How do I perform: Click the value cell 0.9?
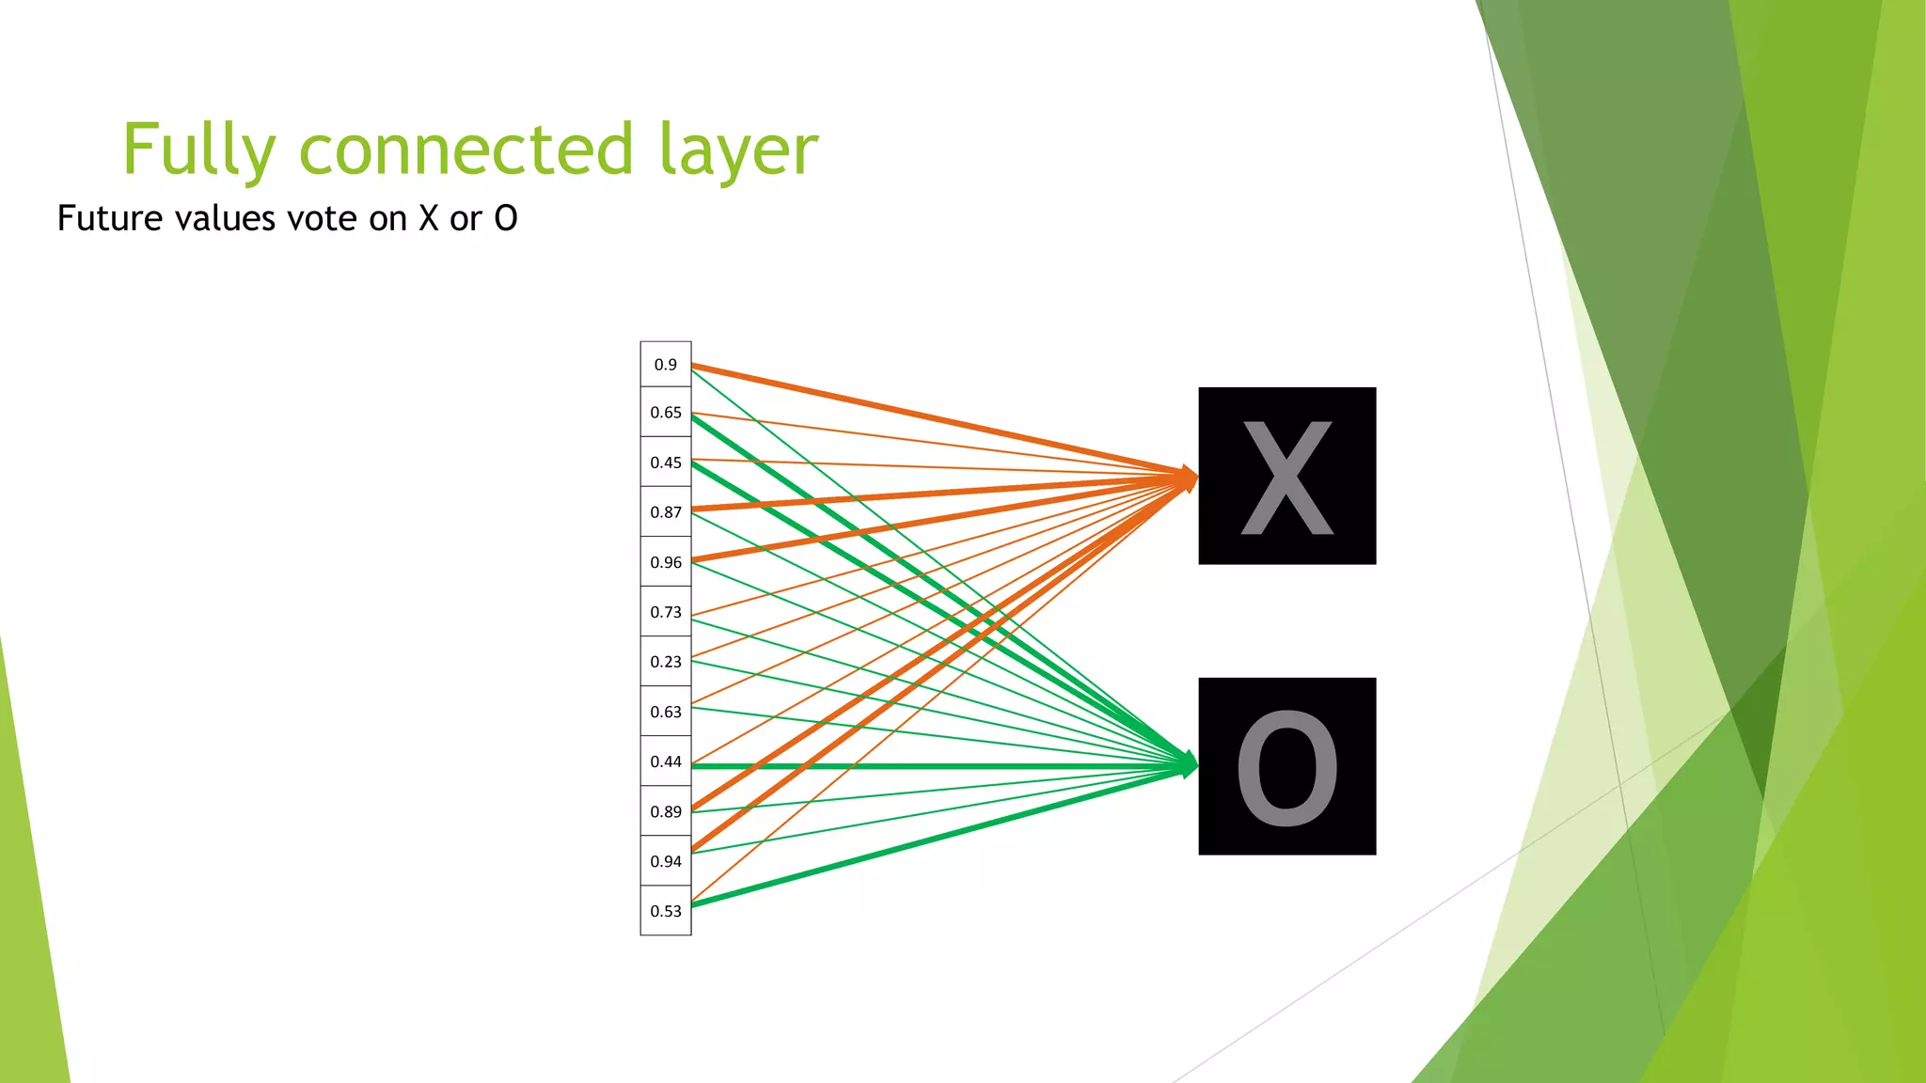click(x=666, y=365)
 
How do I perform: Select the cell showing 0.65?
click(x=666, y=413)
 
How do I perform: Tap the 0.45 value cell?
click(x=666, y=463)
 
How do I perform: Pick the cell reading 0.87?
click(x=666, y=512)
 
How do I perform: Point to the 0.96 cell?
click(x=666, y=562)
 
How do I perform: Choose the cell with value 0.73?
click(x=666, y=612)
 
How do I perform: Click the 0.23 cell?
click(x=666, y=662)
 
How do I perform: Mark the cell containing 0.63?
click(x=666, y=712)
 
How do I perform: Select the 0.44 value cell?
click(x=666, y=761)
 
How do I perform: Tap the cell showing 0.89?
click(x=666, y=811)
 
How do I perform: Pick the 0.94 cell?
click(x=666, y=861)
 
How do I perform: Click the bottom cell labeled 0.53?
click(x=666, y=911)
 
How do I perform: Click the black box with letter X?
click(x=1287, y=476)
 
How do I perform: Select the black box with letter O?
click(x=1287, y=766)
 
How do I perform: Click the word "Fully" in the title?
click(x=198, y=150)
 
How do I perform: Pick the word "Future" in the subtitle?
click(x=109, y=218)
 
